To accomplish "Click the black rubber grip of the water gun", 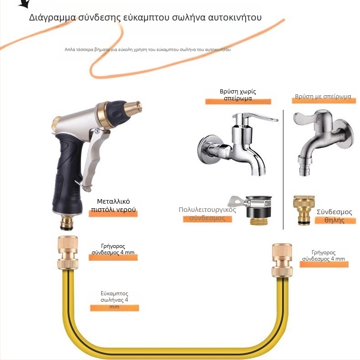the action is click(67, 175).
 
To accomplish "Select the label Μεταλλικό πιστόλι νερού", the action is click(113, 206).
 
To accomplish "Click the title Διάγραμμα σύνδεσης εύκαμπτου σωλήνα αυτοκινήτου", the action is click(145, 17).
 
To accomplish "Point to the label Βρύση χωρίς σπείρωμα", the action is click(238, 95).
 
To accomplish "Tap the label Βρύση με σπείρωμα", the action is click(323, 97).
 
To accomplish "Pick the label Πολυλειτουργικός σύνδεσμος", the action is click(207, 214).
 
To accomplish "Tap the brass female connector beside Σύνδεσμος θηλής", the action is click(303, 210).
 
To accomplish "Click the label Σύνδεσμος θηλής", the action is click(334, 216).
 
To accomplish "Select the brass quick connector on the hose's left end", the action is click(68, 252).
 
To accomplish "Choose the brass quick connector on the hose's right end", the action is click(282, 260).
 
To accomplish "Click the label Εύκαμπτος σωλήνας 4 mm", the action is click(114, 300).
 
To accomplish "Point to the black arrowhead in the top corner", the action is click(25, 4).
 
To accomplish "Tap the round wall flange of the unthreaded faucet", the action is click(208, 149).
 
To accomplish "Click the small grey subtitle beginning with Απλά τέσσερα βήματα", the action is click(147, 50).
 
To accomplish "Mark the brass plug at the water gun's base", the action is click(67, 222).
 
